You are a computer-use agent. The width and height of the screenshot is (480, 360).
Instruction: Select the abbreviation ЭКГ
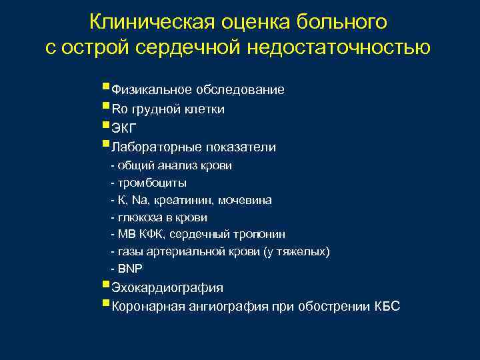123,129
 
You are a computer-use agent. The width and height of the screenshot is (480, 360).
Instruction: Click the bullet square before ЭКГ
107,125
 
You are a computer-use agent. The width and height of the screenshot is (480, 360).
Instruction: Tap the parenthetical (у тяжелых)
296,252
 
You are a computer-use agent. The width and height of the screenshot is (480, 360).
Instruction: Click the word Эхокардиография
167,288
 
